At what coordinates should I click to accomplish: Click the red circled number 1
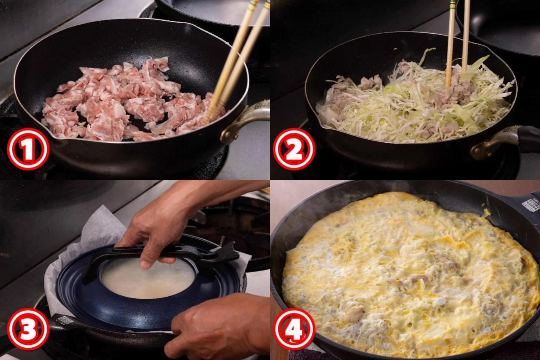[x=28, y=149]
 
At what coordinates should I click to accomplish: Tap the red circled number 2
[x=294, y=149]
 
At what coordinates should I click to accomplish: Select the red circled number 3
[x=28, y=329]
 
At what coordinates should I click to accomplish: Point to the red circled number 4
[x=294, y=329]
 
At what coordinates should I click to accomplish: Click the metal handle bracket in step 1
[x=243, y=121]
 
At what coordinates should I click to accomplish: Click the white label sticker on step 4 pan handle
[x=530, y=205]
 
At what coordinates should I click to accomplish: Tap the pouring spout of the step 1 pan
[x=52, y=135]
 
